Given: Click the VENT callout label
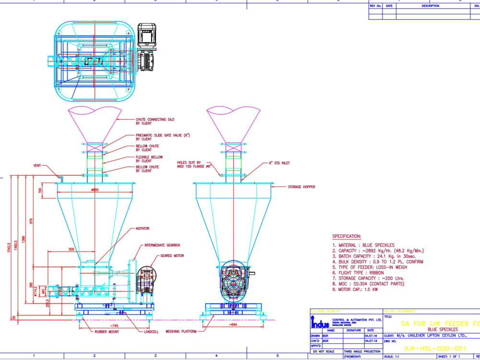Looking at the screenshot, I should click(37, 166).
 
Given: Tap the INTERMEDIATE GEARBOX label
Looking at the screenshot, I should click(162, 245).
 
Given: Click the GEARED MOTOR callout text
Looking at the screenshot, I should click(172, 256).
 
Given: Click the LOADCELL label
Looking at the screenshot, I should click(152, 331).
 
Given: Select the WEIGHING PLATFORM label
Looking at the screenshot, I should click(181, 331).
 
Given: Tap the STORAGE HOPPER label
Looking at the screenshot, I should click(301, 187).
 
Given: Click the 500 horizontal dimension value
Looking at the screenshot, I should click(71, 250).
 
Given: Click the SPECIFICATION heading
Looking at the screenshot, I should click(347, 237).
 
